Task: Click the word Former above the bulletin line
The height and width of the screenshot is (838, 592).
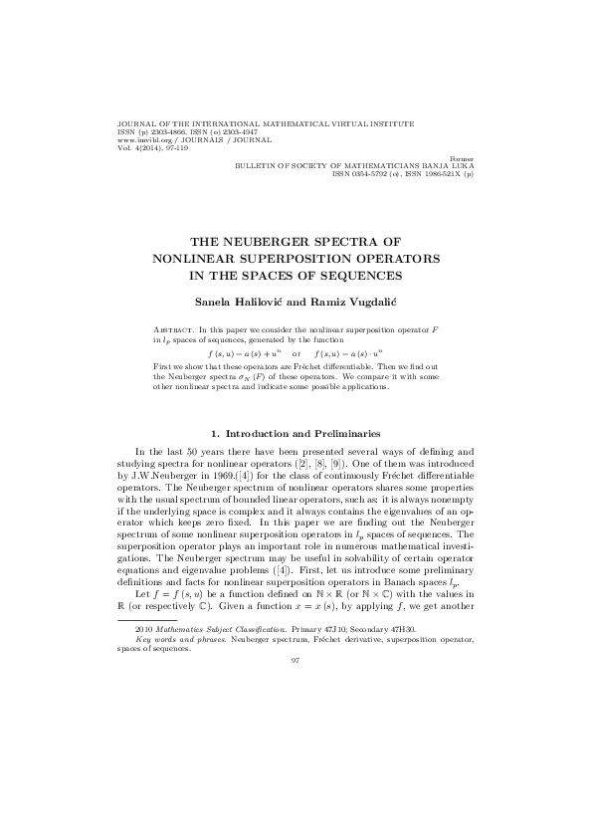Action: (x=463, y=158)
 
